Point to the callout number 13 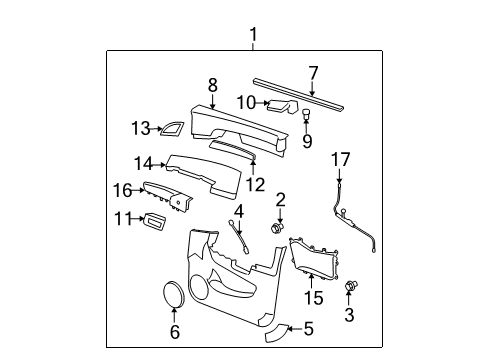tap(139, 127)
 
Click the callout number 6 tap(174, 330)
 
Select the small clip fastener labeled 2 tap(274, 228)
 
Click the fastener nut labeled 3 tap(349, 287)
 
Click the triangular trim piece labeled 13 tap(172, 126)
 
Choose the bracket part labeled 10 tap(284, 104)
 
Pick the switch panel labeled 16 tap(165, 196)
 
